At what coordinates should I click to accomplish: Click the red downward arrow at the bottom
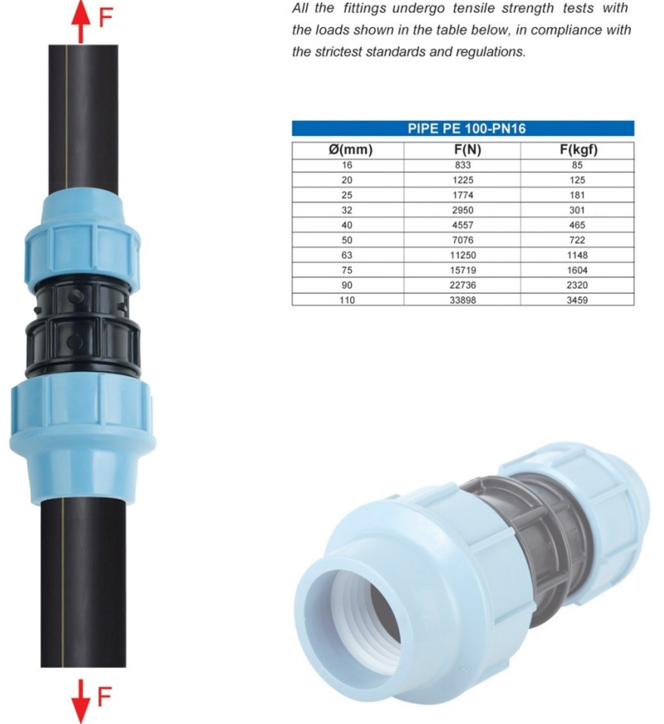81,701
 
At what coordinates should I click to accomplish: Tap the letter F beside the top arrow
106,18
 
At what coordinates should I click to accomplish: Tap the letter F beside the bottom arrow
105,697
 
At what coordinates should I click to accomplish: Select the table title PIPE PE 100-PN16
467,128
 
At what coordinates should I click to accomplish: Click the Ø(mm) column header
351,150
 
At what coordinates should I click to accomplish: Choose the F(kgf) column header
579,150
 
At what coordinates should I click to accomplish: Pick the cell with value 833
463,165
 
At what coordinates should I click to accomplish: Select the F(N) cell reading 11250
463,255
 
